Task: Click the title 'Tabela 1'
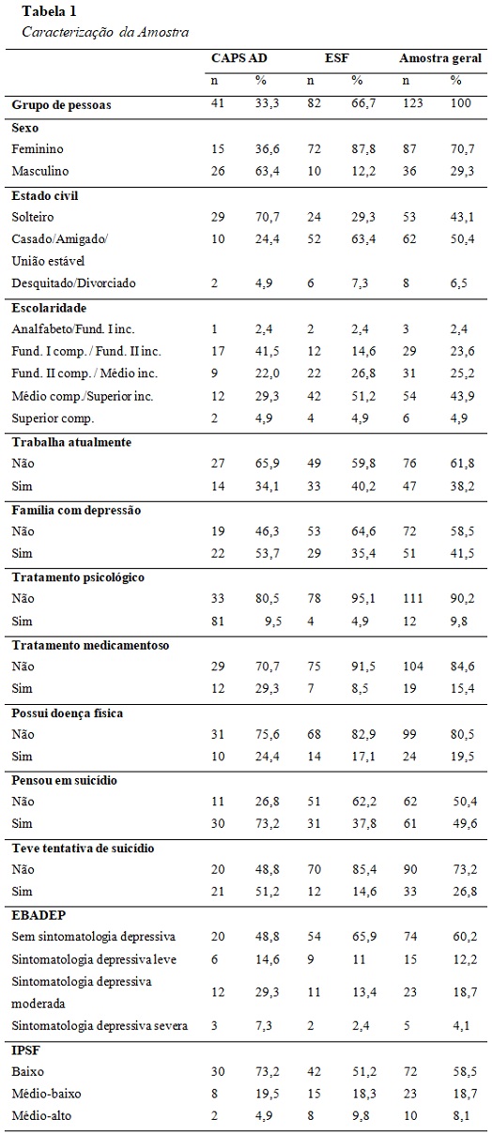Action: click(49, 10)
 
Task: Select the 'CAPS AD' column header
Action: click(238, 57)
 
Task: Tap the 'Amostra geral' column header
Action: click(439, 58)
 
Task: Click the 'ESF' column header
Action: click(336, 57)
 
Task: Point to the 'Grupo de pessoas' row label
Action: click(61, 105)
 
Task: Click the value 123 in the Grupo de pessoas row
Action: click(412, 102)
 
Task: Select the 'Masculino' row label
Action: click(40, 171)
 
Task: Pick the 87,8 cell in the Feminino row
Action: click(363, 148)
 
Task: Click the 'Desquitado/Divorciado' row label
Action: click(73, 283)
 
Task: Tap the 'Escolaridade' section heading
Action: click(49, 308)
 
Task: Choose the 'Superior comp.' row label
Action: click(53, 419)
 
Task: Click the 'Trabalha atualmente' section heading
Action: click(71, 442)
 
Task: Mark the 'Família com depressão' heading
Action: click(76, 510)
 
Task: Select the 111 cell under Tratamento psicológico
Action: click(412, 598)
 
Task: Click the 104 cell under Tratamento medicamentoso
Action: click(412, 666)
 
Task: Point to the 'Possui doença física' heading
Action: click(68, 713)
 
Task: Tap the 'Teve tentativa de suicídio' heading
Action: click(83, 849)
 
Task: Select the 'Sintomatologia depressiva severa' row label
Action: click(100, 1026)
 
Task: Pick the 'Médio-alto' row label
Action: click(41, 1115)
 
